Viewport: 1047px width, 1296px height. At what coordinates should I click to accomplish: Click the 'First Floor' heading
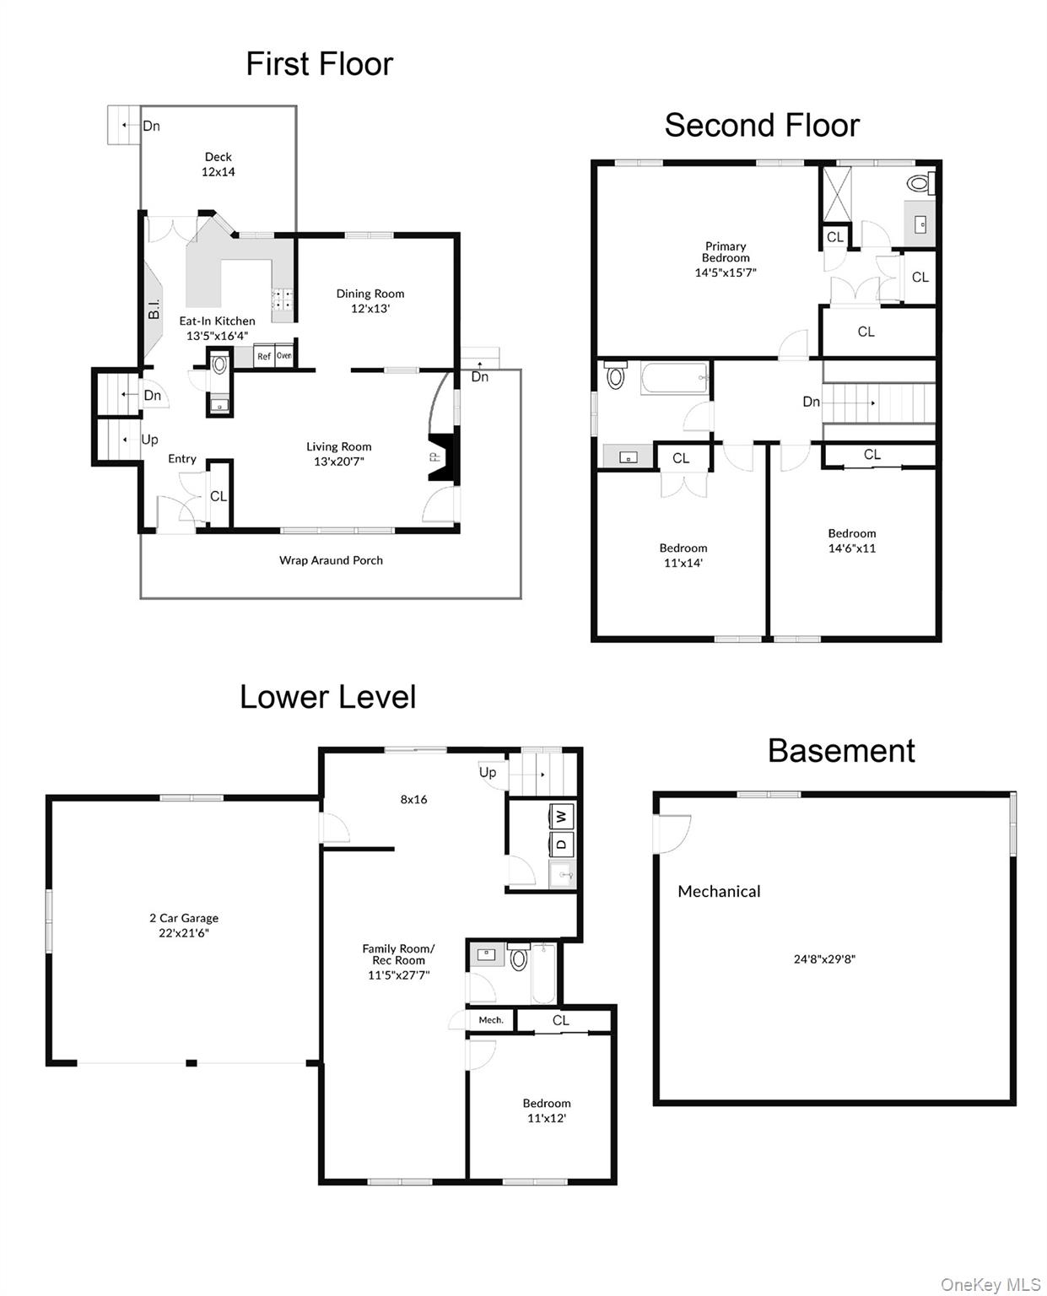[319, 64]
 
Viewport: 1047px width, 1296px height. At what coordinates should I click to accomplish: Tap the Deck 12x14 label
[218, 164]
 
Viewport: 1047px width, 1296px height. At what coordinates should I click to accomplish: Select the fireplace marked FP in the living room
[441, 457]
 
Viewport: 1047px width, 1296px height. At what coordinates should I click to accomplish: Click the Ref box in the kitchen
[264, 356]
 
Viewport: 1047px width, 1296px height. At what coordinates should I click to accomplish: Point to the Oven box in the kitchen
[284, 355]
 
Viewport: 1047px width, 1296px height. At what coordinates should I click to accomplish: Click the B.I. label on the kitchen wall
[154, 310]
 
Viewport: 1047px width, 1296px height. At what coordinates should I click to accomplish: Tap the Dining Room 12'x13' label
[370, 300]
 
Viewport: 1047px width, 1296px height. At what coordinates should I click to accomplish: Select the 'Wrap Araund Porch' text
[331, 560]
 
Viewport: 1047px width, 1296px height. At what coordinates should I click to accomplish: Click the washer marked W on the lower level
[562, 816]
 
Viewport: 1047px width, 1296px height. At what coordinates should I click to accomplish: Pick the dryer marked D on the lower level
[562, 844]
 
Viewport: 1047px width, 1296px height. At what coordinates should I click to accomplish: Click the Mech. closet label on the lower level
[490, 1020]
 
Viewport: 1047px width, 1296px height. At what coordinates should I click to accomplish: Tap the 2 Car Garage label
[184, 925]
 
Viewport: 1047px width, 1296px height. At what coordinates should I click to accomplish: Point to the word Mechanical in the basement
[719, 891]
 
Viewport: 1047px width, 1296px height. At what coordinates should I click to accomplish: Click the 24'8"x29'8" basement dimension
[824, 958]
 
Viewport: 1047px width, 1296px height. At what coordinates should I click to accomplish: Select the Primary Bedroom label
[725, 258]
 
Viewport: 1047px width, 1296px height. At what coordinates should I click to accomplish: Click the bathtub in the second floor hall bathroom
[674, 378]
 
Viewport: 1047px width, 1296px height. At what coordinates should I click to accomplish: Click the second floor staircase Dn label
[811, 402]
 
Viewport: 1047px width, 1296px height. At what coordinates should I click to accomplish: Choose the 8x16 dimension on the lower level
[413, 799]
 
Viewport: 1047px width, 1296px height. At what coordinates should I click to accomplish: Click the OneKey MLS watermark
[990, 1284]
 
